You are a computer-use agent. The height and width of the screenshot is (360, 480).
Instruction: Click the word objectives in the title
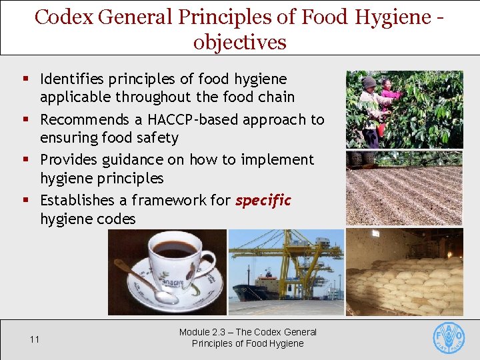(240, 42)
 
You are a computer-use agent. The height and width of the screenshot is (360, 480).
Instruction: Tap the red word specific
(263, 200)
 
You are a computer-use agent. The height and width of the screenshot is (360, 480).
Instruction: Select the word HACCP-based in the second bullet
(201, 120)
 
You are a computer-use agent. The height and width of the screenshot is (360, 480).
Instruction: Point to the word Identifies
(73, 79)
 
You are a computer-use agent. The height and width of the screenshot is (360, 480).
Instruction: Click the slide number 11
(35, 339)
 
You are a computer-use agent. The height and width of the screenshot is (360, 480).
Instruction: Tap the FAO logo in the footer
(449, 338)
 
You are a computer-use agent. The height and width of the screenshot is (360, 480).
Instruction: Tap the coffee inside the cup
(175, 249)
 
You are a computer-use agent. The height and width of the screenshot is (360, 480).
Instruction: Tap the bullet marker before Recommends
(25, 120)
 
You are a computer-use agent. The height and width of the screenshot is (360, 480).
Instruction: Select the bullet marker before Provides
(25, 160)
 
